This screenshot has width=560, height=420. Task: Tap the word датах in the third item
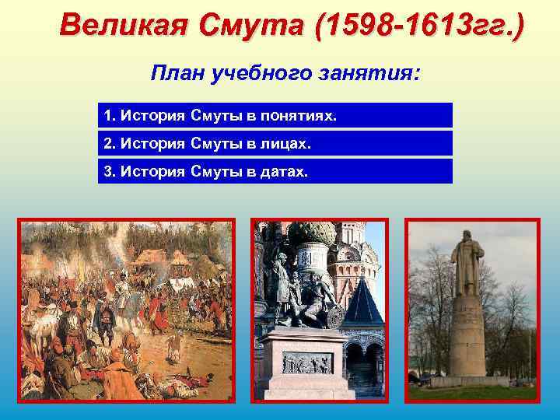click(285, 172)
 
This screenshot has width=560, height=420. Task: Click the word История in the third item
click(151, 172)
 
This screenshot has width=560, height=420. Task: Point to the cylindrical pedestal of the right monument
click(467, 334)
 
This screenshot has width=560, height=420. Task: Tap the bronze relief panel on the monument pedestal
click(307, 362)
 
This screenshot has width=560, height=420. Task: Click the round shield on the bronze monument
click(335, 315)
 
